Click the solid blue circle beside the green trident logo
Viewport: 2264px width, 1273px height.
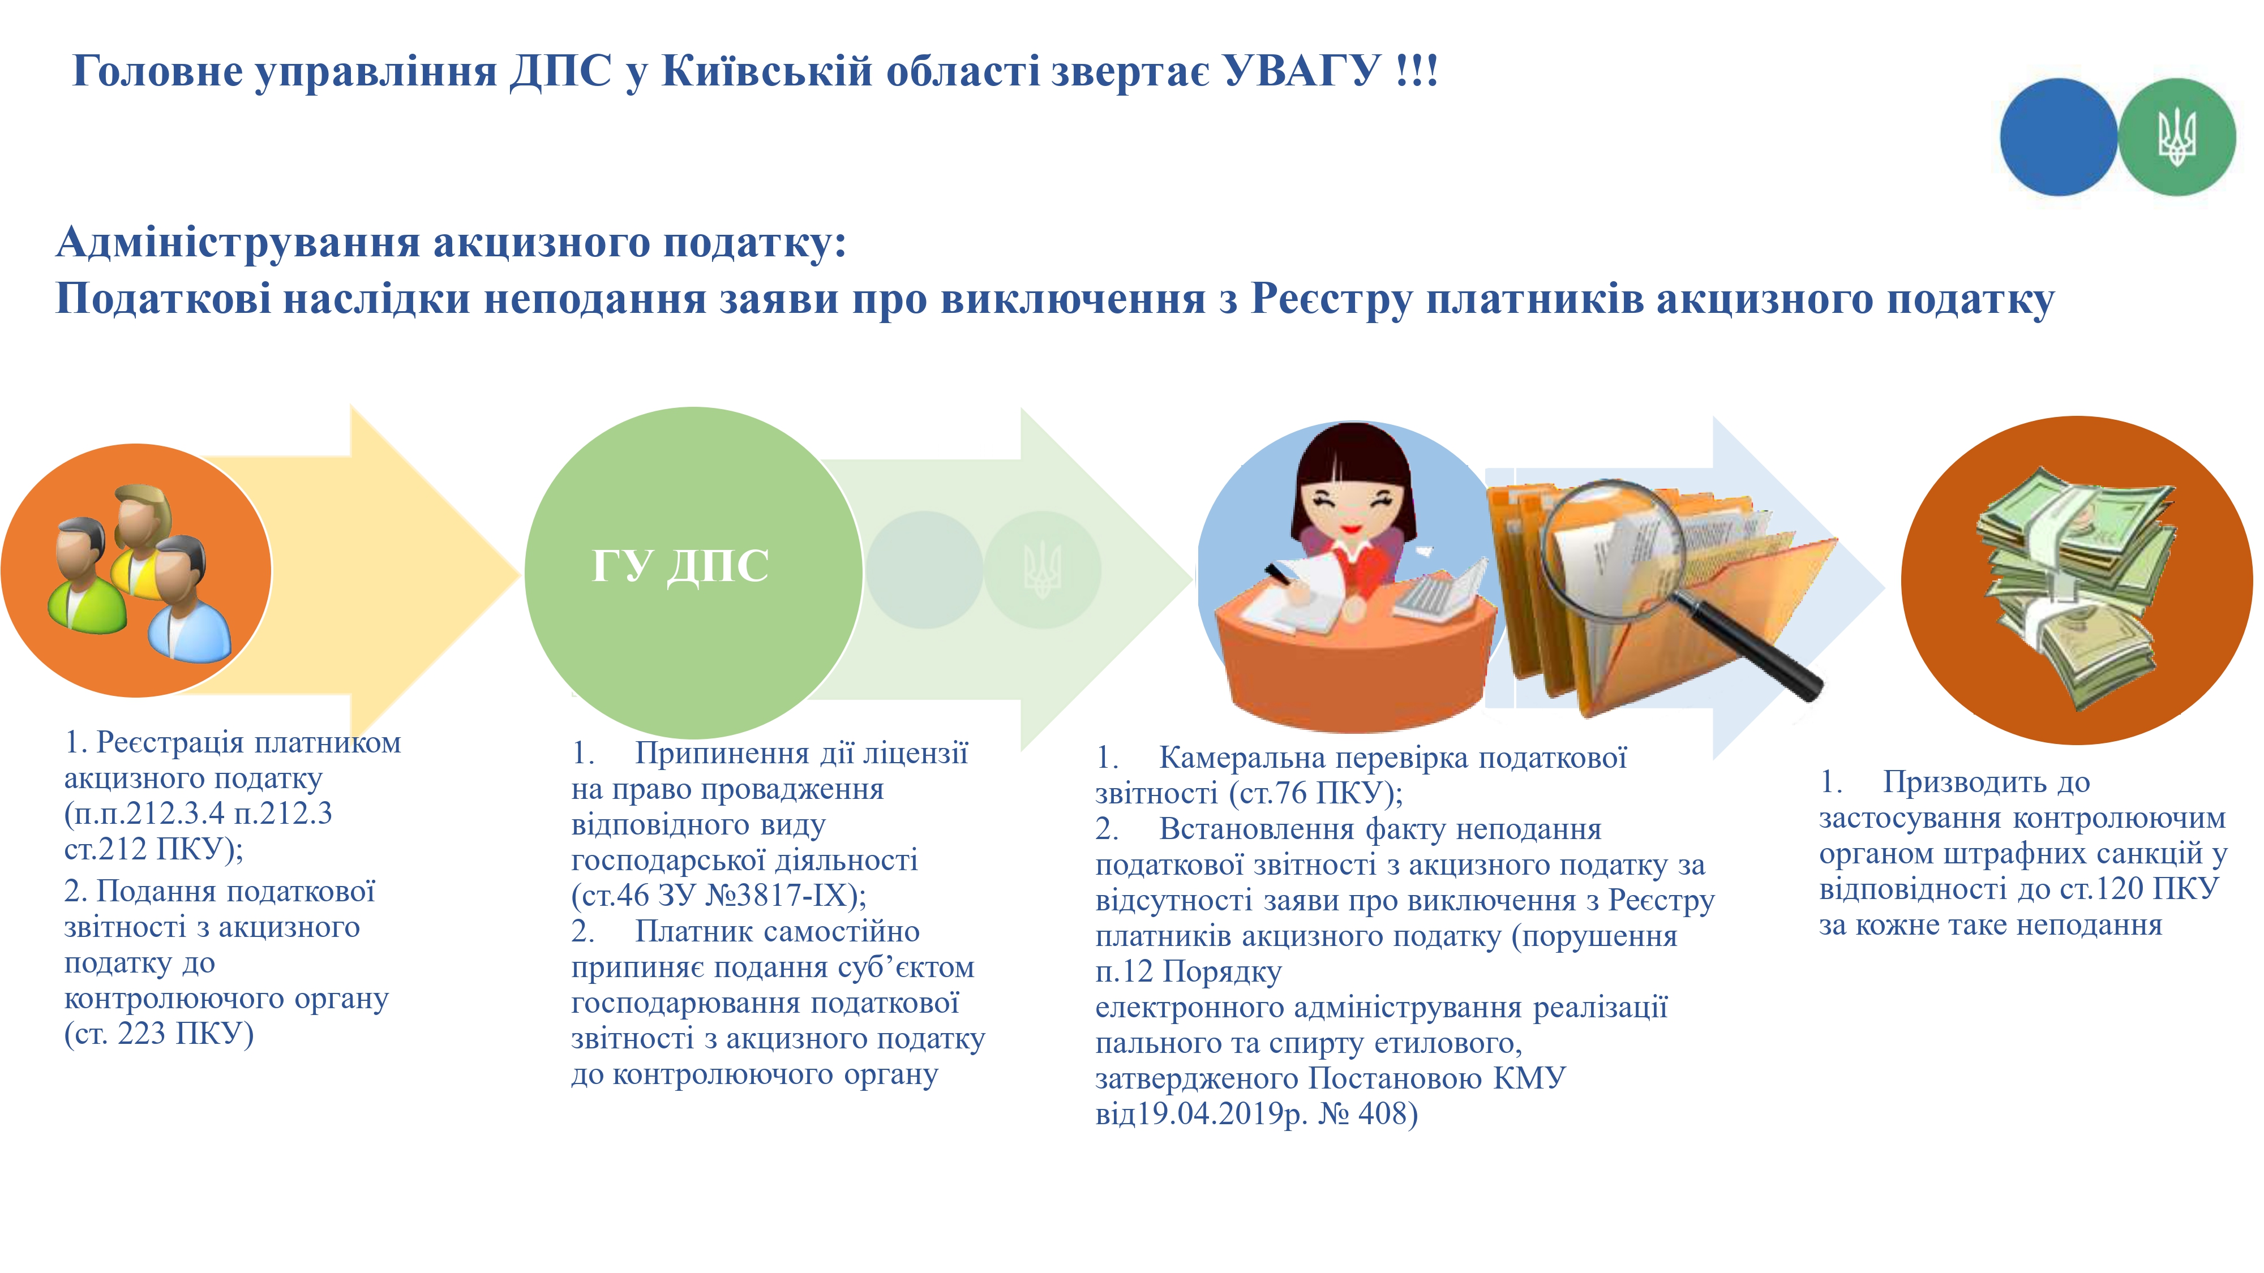tap(2059, 137)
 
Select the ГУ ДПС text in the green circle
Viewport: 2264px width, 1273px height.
tap(680, 565)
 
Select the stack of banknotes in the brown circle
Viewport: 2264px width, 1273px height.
tap(2074, 585)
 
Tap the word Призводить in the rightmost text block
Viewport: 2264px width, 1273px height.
tap(1986, 782)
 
